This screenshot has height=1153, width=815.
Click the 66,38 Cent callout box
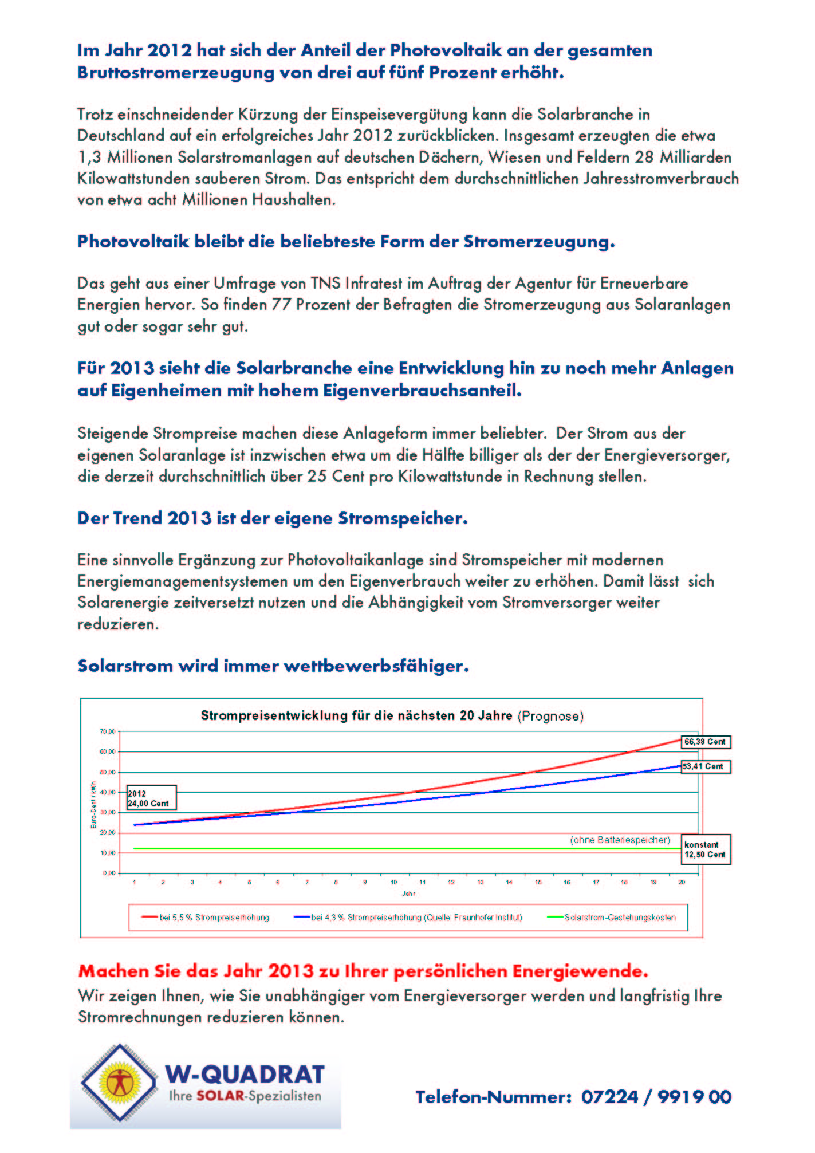click(705, 742)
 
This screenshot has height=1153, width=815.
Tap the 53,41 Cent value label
click(705, 766)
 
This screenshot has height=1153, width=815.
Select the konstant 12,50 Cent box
click(705, 849)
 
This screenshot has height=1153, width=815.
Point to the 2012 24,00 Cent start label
click(151, 798)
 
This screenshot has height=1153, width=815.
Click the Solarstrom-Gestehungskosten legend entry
click(613, 917)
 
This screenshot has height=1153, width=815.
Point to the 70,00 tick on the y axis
click(108, 731)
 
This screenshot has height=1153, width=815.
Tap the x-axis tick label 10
click(394, 882)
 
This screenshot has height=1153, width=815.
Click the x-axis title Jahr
click(408, 894)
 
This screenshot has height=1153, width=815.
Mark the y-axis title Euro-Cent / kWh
click(93, 805)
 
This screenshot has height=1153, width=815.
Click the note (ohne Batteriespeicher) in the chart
click(620, 840)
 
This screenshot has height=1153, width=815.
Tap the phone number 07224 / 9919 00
click(656, 1097)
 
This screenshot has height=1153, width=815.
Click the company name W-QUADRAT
click(245, 1075)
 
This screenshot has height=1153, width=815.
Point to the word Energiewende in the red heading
click(580, 971)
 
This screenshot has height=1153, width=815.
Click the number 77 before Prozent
click(281, 305)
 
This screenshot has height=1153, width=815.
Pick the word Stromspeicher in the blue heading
click(403, 518)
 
